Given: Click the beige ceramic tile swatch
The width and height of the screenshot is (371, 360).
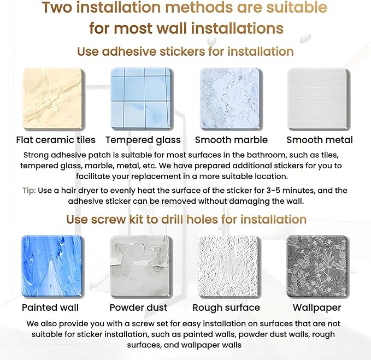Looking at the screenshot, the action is (53, 99).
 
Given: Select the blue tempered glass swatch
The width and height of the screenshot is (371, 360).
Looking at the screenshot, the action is (142, 99).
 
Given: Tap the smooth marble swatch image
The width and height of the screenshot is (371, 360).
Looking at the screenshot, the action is (231, 99).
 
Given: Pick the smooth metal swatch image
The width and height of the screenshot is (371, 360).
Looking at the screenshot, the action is (319, 99).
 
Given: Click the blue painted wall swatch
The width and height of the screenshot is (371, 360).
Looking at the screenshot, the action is (52, 267).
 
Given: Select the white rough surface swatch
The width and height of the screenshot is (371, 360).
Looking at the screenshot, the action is (229, 267).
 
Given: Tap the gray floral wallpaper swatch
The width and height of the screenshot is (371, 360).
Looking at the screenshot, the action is (317, 267).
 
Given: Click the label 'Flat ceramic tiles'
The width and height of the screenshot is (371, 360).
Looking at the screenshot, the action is (56, 140).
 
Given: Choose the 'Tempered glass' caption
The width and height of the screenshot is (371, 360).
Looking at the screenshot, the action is (143, 140).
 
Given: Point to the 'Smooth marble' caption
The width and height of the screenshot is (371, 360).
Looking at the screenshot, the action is (231, 140).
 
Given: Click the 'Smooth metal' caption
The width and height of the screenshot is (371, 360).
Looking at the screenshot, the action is (320, 140).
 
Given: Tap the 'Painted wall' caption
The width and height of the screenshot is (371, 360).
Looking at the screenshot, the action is (50, 308).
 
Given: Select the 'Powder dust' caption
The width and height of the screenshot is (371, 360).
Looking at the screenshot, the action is (138, 308).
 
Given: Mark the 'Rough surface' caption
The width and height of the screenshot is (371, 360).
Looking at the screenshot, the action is (226, 308).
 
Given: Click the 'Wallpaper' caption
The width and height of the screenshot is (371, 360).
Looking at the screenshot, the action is (317, 308).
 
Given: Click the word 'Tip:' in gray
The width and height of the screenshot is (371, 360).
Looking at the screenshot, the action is (29, 191).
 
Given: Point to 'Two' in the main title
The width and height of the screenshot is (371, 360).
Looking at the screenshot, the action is (57, 7).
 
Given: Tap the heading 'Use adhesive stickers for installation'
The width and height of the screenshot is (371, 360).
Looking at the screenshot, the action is (185, 51).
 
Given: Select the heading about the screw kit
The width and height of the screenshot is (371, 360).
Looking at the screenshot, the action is (186, 219).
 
